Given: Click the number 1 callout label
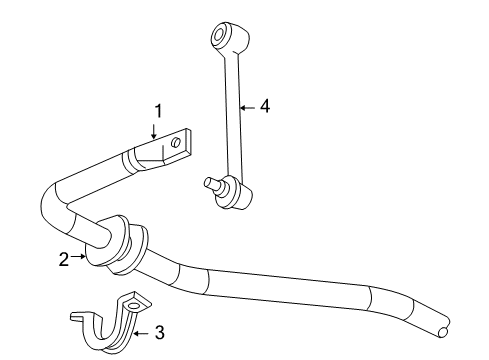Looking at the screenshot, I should pos(155,112).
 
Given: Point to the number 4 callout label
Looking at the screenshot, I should pos(263,105).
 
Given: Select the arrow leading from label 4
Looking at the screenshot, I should pos(249,105).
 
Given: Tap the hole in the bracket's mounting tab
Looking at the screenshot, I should pos(134,304).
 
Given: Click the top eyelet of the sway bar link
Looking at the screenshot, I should pos(220,38).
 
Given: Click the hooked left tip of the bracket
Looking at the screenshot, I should pos(76,317).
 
